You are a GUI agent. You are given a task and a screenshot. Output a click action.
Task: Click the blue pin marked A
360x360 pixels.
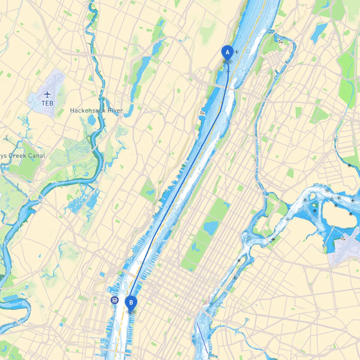pyautogui.click(x=227, y=53)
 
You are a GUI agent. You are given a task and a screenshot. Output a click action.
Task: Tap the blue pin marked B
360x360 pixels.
pyautogui.click(x=131, y=303)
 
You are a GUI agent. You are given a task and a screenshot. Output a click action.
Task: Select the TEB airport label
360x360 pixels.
pyautogui.click(x=47, y=103)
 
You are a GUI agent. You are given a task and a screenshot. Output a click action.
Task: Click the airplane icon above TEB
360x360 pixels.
pyautogui.click(x=47, y=94)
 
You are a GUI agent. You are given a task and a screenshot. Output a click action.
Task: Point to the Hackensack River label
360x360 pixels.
pyautogui.click(x=96, y=111)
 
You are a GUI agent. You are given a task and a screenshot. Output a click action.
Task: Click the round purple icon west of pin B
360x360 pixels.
pyautogui.click(x=114, y=300)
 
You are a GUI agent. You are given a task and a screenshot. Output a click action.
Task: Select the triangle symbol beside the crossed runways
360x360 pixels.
pyautogui.click(x=343, y=239)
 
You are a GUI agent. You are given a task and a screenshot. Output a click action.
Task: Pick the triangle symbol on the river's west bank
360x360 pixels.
pyautogui.click(x=202, y=113)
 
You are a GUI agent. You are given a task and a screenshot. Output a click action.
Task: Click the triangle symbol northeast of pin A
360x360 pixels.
pyautogui.click(x=281, y=42)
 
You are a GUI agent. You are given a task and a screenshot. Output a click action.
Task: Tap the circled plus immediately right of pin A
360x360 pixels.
pyautogui.click(x=237, y=52)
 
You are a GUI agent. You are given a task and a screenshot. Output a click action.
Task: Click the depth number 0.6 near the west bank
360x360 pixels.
pyautogui.click(x=210, y=98)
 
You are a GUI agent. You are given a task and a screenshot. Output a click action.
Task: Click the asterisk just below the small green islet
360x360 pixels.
pyautogui.click(x=315, y=211)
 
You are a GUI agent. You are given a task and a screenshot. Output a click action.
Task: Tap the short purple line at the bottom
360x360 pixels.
pyautogui.click(x=202, y=337)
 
